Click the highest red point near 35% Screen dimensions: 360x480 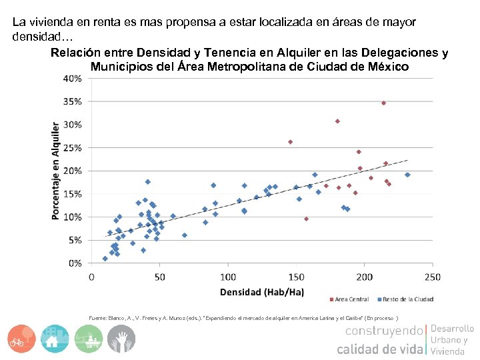click(x=383, y=103)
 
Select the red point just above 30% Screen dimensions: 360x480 click(x=337, y=121)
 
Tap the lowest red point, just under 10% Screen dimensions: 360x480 click(x=306, y=219)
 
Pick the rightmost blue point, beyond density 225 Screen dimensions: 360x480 click(x=407, y=175)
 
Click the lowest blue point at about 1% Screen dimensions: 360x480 click(x=105, y=259)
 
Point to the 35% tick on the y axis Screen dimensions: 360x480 click(x=73, y=101)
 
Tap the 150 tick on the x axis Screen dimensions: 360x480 click(x=296, y=276)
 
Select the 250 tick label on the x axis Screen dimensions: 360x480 click(x=432, y=276)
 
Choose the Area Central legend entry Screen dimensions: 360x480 click(x=349, y=299)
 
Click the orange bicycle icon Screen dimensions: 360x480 click(x=22, y=339)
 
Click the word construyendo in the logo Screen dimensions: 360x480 click(x=383, y=331)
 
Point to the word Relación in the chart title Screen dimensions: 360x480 click(x=77, y=53)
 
